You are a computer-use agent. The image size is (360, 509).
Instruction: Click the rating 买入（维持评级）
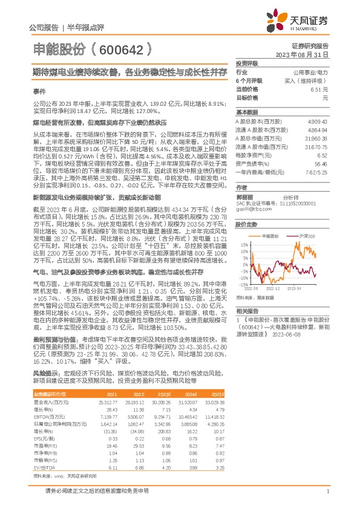click(x=307, y=80)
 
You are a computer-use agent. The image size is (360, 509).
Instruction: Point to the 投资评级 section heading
click(x=247, y=63)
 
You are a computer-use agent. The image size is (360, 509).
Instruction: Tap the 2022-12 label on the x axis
click(x=274, y=288)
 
